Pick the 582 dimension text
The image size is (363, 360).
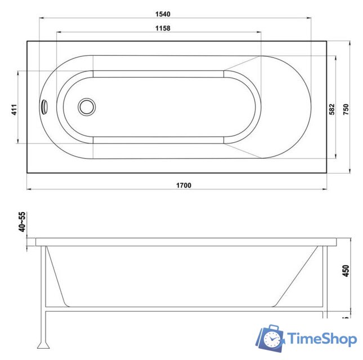[331, 108]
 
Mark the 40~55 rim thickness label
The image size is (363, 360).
[23, 222]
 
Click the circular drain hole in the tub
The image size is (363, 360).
[87, 107]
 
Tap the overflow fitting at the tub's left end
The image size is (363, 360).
[44, 106]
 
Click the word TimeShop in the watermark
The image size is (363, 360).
[322, 339]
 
